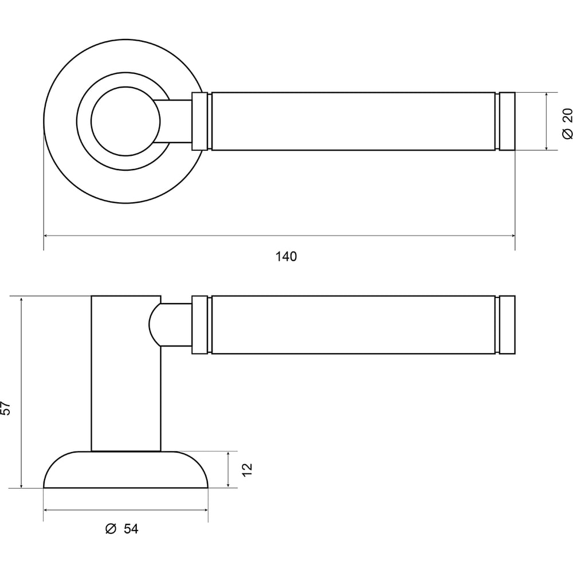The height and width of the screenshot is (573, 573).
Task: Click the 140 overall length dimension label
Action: click(x=286, y=257)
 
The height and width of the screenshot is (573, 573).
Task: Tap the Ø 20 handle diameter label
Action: click(x=567, y=124)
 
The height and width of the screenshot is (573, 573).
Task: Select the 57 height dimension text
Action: click(x=6, y=408)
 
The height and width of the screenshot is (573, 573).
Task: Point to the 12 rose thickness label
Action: click(x=248, y=470)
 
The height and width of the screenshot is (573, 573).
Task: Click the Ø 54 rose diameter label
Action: click(x=121, y=529)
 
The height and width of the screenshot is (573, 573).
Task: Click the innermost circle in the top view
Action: click(x=125, y=87)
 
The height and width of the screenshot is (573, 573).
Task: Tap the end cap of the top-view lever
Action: click(x=507, y=121)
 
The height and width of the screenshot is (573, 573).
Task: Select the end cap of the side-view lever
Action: click(x=507, y=325)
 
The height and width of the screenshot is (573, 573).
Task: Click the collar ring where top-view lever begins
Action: click(x=199, y=121)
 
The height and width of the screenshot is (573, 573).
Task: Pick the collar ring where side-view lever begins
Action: click(x=199, y=325)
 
